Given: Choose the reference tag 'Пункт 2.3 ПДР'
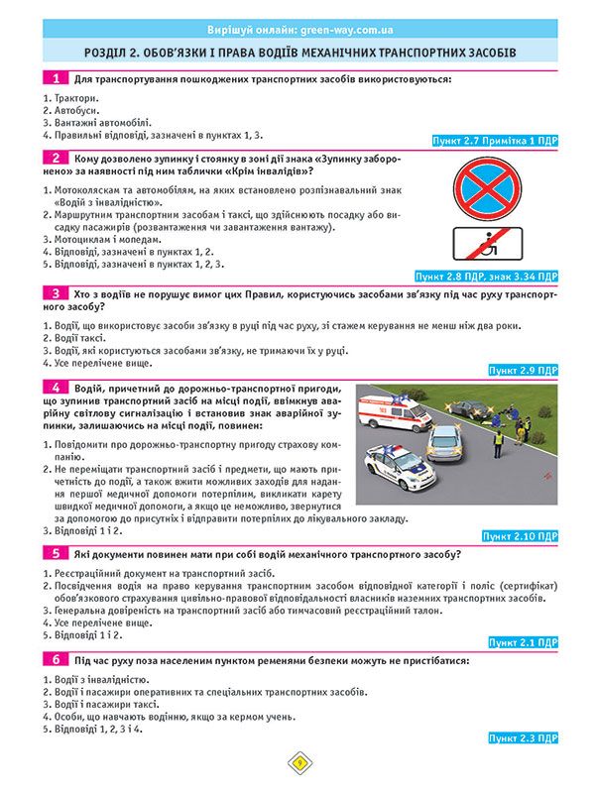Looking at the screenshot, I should click(x=524, y=738).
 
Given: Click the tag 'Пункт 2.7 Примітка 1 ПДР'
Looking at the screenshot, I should click(x=496, y=142).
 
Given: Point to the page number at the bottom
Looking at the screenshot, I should click(x=297, y=762).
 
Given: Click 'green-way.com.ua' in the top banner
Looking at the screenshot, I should click(x=329, y=30).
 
